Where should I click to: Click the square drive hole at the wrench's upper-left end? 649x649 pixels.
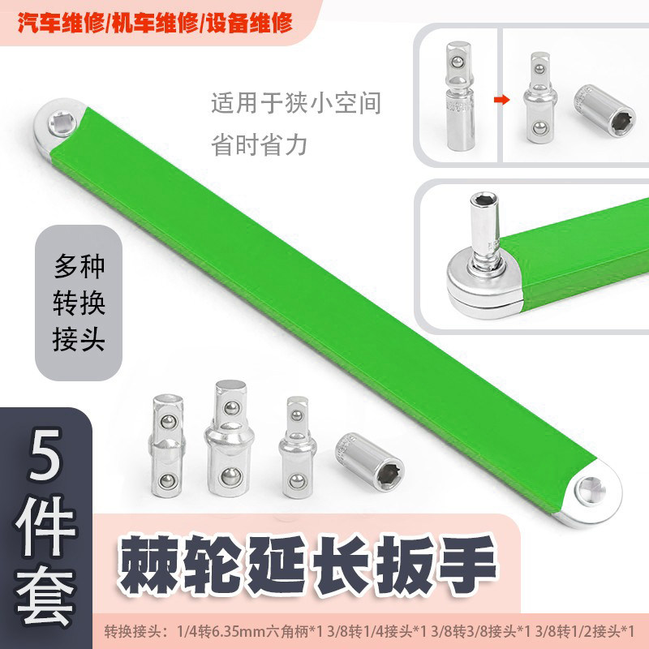pos(62,123)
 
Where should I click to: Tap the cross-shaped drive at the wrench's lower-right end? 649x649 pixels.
pos(592,491)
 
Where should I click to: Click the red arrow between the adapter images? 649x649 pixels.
pos(501,99)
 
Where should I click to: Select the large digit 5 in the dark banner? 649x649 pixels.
pos(45,454)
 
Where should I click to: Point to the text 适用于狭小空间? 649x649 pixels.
pos(296,103)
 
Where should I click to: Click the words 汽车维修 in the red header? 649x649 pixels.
pos(61,23)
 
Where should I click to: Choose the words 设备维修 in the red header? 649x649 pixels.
pos(250,23)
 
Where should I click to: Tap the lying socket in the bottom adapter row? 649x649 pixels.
pos(370,462)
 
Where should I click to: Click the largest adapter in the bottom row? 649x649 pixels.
pos(229,438)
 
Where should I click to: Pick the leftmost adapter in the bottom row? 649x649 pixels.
pos(167,445)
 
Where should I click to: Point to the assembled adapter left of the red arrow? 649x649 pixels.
pos(460,96)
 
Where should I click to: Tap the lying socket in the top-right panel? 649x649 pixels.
pos(604,110)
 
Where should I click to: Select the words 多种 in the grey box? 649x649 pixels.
pos(79,267)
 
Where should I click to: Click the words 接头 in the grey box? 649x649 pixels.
pos(79,339)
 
